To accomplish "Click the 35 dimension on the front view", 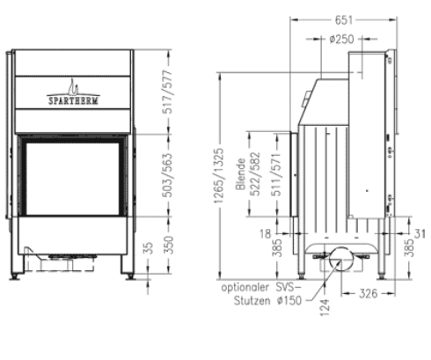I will point(146,249).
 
